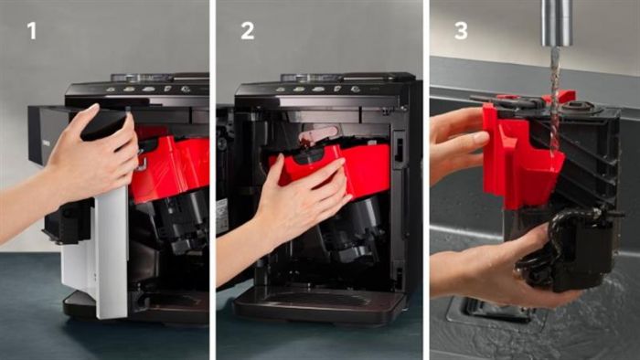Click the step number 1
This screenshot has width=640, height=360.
click(x=31, y=31)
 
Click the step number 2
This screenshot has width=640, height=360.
click(x=248, y=31)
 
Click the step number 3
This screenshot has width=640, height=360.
click(x=461, y=31)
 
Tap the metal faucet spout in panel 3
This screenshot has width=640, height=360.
click(x=557, y=23)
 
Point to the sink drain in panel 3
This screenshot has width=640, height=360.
click(x=490, y=311)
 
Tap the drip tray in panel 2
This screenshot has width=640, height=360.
click(x=318, y=303)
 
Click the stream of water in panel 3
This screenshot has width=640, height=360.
click(x=555, y=102)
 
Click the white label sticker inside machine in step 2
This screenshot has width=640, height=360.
click(x=221, y=216)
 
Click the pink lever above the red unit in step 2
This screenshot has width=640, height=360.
click(x=317, y=133)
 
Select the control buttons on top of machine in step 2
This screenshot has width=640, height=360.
click(x=317, y=89)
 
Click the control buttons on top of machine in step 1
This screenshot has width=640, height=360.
click(x=148, y=89)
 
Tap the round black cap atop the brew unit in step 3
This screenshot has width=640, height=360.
click(x=580, y=106)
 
